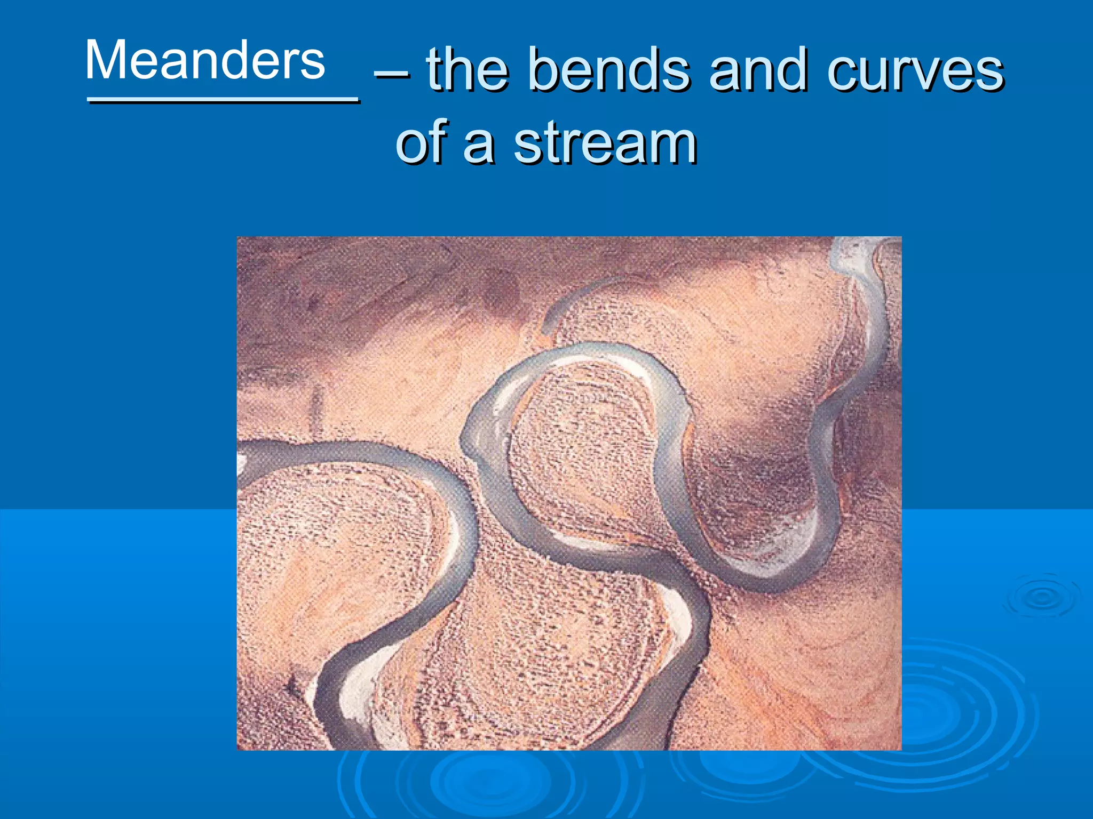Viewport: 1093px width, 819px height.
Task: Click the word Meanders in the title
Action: [205, 60]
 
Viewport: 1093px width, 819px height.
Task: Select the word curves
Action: [915, 70]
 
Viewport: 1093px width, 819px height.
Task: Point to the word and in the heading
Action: [758, 70]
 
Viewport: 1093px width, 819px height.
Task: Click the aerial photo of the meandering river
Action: [569, 493]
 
